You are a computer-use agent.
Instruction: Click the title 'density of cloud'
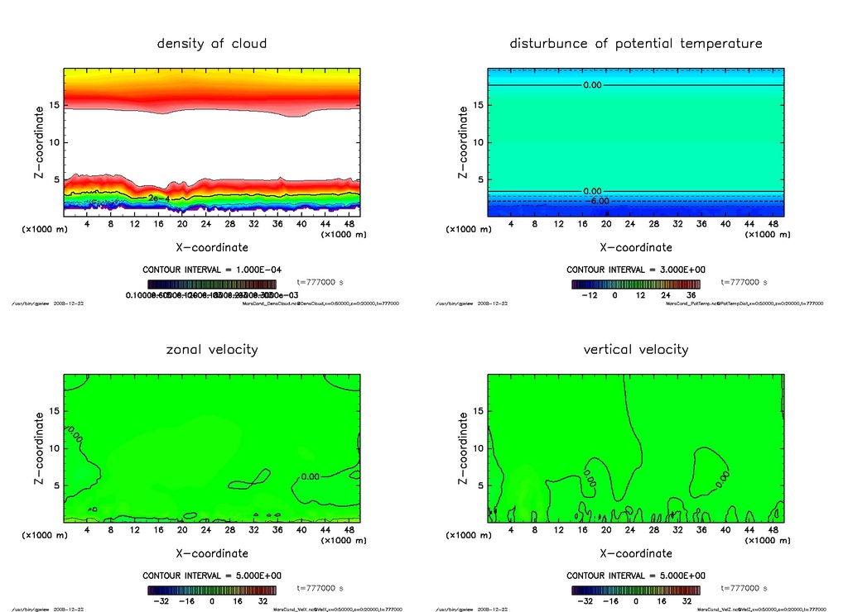point(212,43)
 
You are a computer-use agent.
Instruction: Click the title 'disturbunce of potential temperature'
point(635,43)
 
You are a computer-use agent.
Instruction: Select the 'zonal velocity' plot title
point(212,349)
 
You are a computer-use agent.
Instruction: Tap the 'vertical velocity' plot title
point(635,349)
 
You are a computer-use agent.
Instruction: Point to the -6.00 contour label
point(598,201)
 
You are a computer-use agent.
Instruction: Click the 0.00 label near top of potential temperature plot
point(592,85)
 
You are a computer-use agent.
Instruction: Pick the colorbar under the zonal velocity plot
point(212,590)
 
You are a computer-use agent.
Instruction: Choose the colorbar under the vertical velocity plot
point(635,590)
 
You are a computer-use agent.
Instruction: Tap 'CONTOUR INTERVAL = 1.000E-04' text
point(212,270)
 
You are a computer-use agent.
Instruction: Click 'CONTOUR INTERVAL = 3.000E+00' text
point(635,270)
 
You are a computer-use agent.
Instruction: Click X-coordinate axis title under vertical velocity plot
point(635,553)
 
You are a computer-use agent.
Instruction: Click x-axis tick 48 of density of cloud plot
point(350,224)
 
